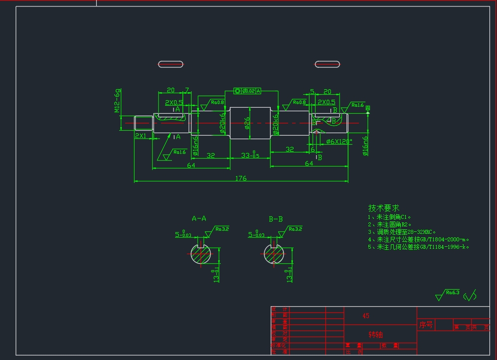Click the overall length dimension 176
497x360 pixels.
241,178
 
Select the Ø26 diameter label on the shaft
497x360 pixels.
247,122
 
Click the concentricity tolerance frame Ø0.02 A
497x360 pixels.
248,91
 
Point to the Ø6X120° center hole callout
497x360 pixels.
339,142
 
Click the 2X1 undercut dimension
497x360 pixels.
141,136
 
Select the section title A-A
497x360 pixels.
199,218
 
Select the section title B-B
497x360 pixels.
276,218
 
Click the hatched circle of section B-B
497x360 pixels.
274,255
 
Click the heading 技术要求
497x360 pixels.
383,208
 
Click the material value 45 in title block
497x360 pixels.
366,316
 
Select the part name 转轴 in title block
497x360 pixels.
375,334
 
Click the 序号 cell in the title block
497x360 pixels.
426,325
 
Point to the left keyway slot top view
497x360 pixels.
170,64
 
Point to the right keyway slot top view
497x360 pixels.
327,64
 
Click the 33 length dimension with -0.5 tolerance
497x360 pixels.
249,155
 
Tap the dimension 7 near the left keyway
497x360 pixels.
187,90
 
